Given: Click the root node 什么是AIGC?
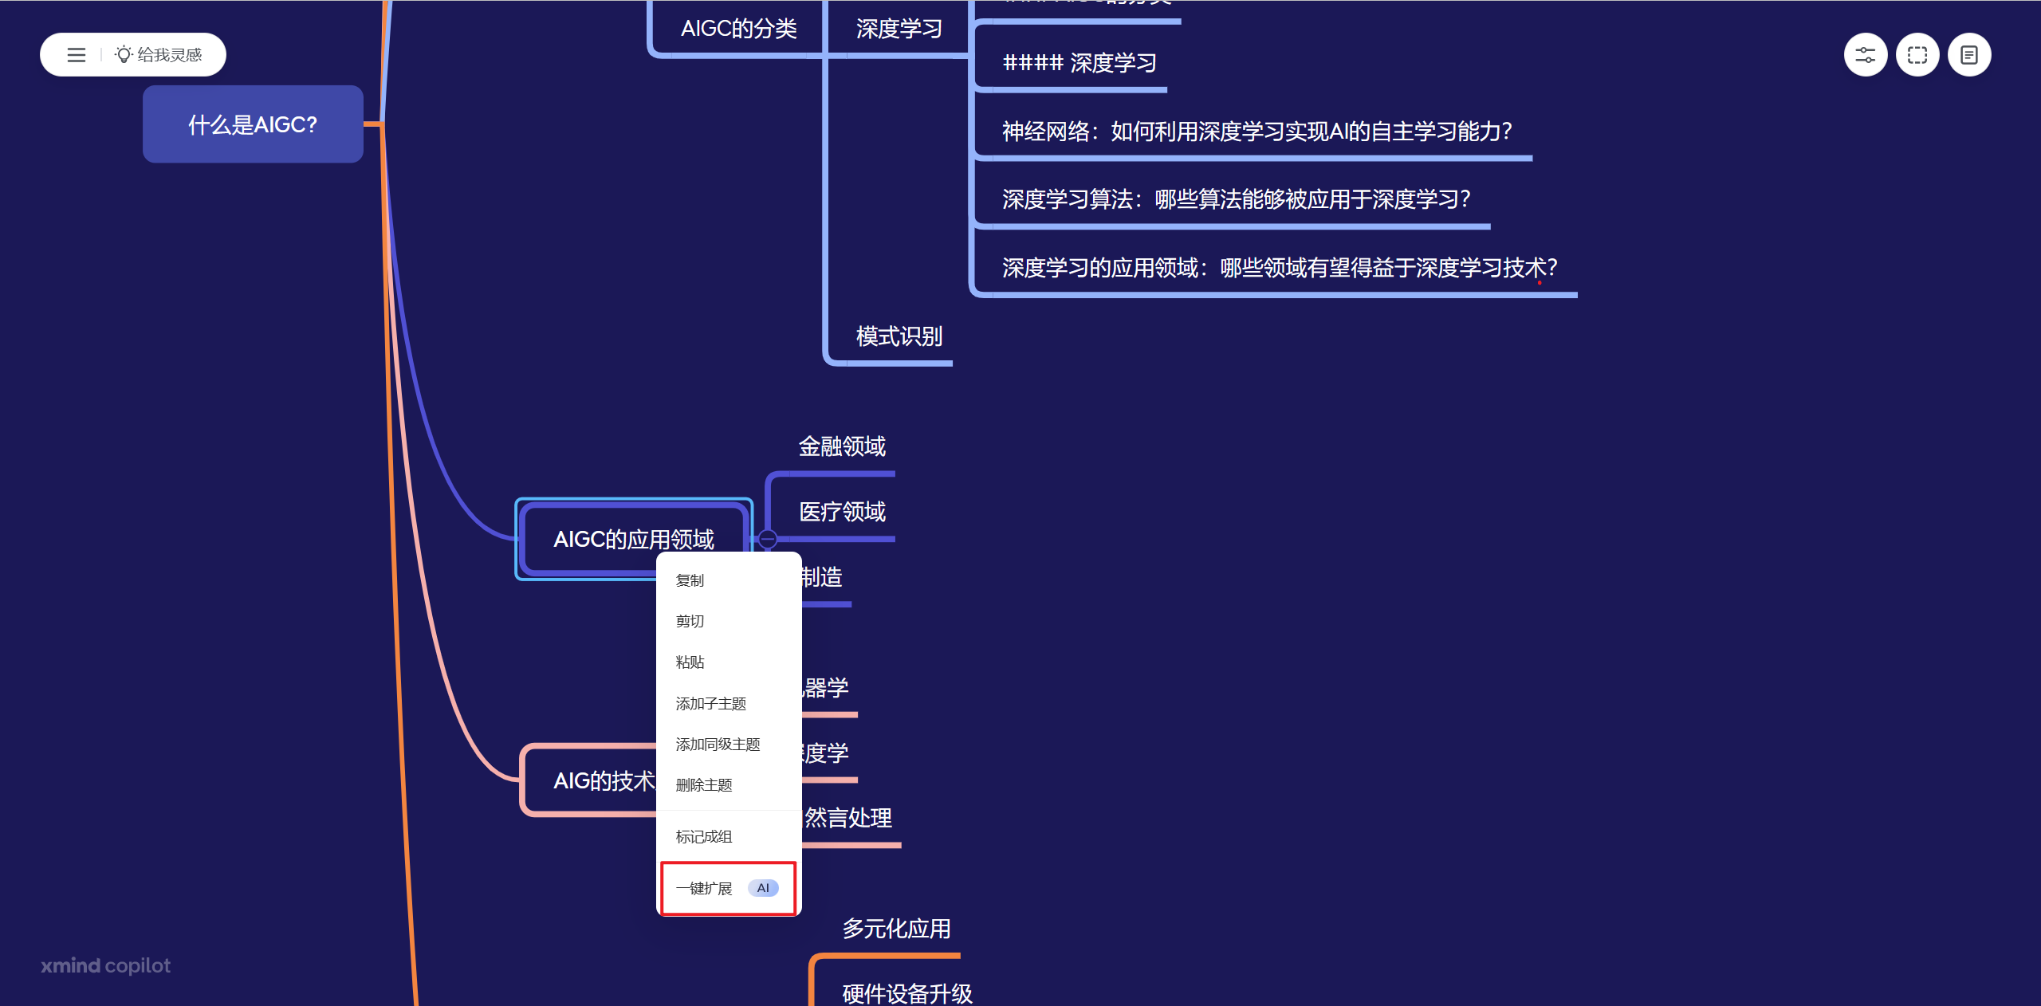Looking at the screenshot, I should tap(253, 124).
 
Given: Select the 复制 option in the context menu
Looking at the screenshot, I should tap(690, 580).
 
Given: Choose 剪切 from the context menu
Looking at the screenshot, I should tap(690, 621).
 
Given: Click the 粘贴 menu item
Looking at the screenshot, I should tap(690, 662).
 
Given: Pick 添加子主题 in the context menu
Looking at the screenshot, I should tap(710, 703).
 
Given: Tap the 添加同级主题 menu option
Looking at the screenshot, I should tap(718, 744).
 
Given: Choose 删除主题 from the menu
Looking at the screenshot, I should tap(703, 785).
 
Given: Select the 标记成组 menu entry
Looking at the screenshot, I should tap(703, 836).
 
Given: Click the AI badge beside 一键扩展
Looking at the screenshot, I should tap(763, 888).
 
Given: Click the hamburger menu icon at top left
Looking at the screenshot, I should tap(77, 55).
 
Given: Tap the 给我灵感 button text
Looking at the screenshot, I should tap(169, 55).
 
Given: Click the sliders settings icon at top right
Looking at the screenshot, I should tap(1865, 55).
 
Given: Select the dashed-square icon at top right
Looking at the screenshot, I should tap(1917, 55).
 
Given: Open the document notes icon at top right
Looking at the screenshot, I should tap(1968, 55).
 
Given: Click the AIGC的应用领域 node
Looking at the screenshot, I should tap(634, 539).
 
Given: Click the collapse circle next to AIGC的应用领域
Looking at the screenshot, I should tap(767, 539).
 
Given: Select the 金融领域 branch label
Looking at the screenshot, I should tap(842, 446).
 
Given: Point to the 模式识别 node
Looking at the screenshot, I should tap(899, 336).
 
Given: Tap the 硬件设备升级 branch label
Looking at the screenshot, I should tap(907, 993).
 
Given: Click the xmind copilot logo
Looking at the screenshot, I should tap(106, 965).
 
